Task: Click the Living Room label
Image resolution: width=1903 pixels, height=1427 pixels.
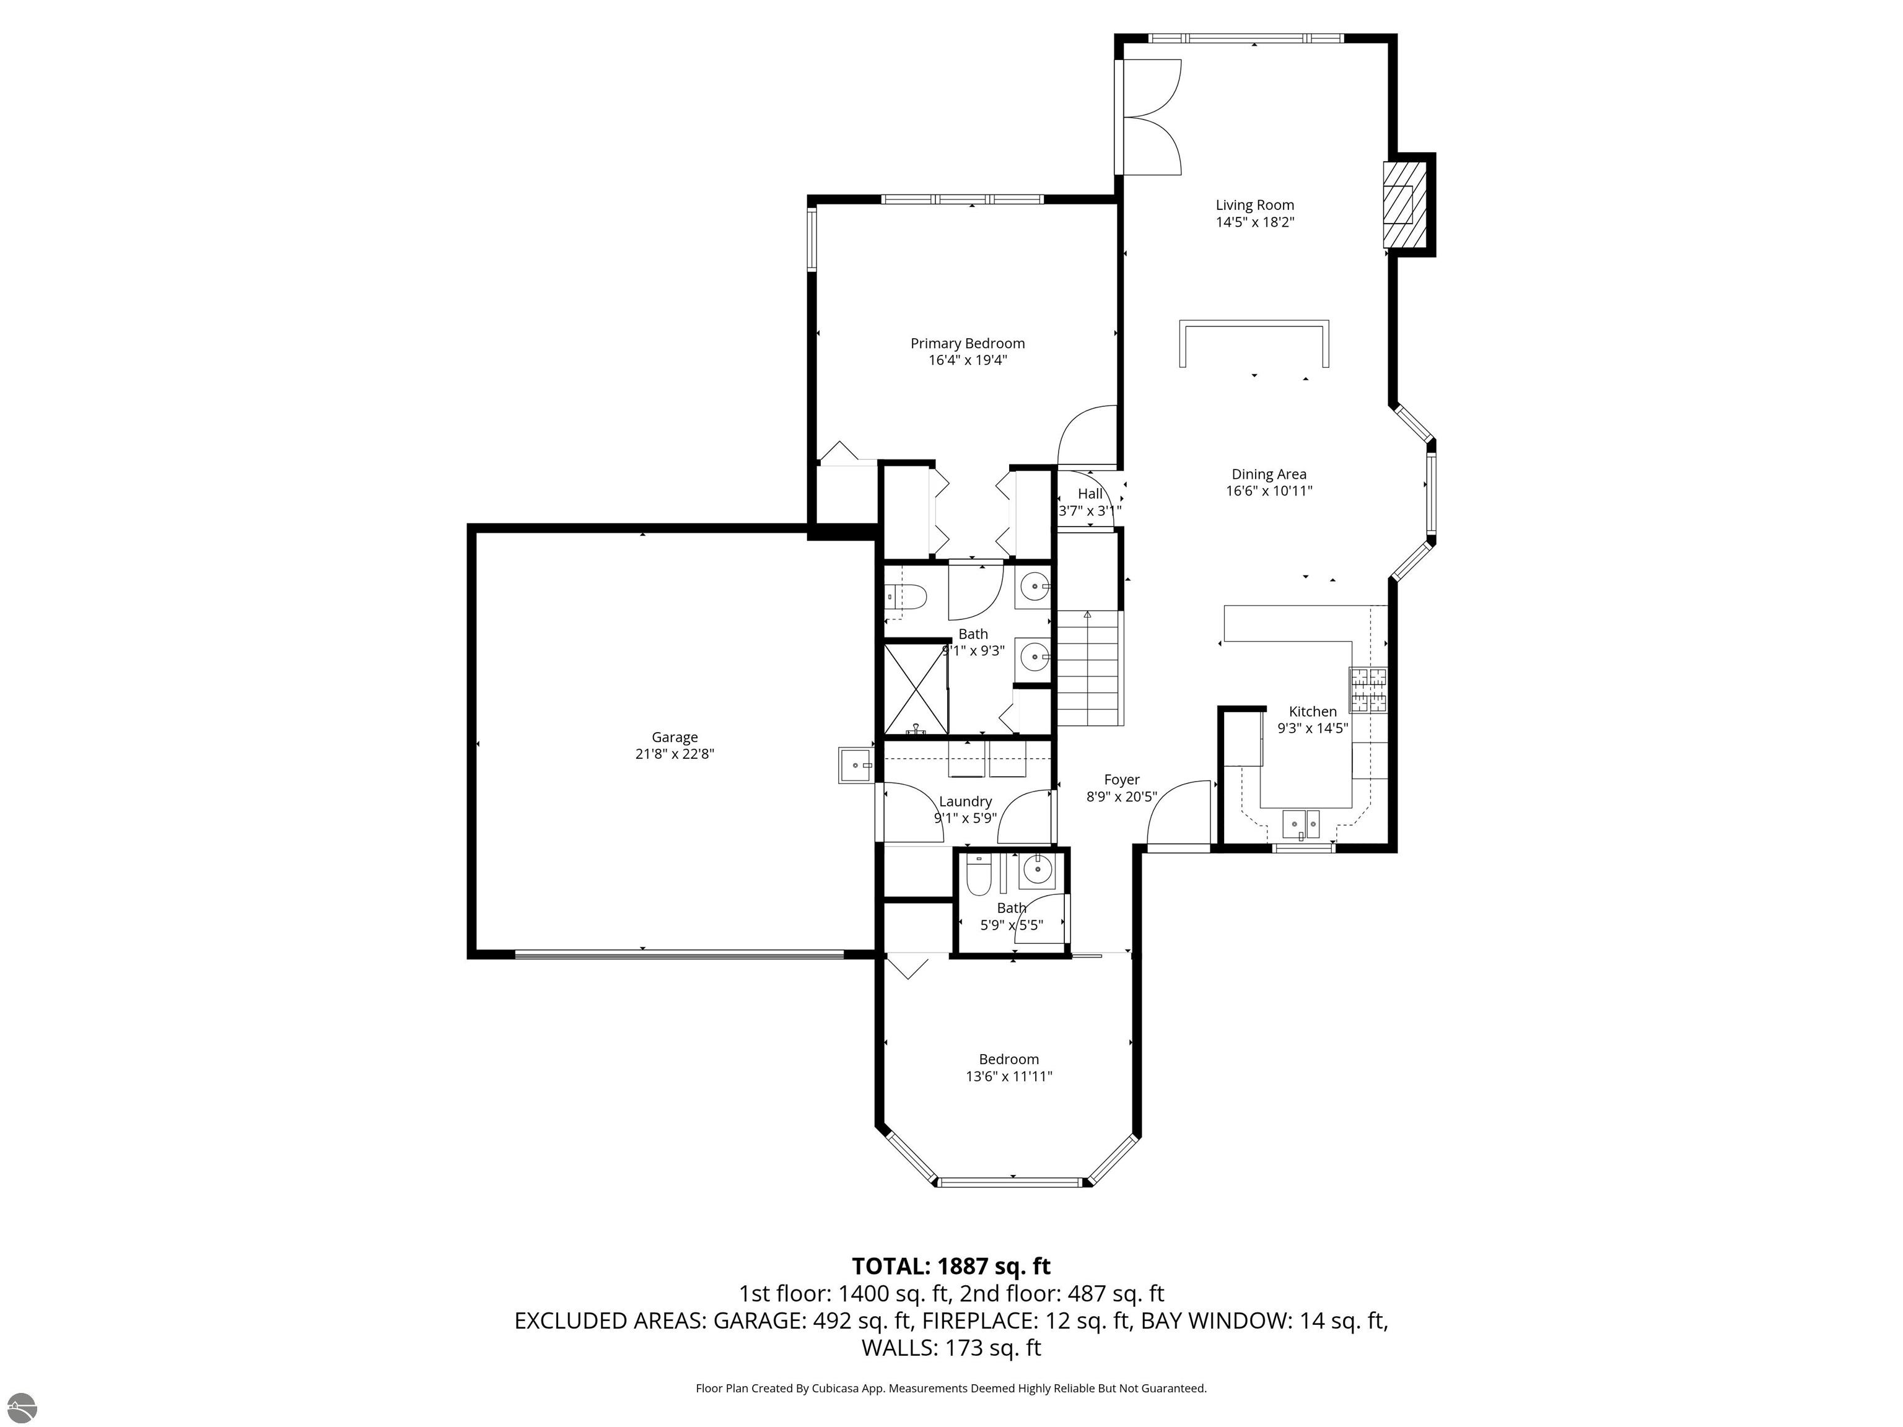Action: point(1254,205)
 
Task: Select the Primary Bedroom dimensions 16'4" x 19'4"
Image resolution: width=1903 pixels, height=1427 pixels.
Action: point(967,360)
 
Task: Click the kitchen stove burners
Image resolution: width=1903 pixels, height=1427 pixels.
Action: point(1368,691)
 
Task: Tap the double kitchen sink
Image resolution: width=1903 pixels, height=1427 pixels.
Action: point(1301,824)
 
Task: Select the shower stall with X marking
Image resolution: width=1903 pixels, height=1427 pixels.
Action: point(916,689)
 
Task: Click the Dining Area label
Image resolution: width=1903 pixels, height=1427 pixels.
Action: point(1268,474)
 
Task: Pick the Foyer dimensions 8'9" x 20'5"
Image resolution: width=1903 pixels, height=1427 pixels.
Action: point(1121,797)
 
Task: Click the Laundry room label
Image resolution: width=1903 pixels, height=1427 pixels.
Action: point(965,801)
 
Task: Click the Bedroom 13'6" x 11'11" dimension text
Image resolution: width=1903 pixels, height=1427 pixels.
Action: point(1008,1076)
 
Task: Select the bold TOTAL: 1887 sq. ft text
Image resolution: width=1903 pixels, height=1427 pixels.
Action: point(951,1266)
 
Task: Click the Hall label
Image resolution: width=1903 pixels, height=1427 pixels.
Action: point(1090,494)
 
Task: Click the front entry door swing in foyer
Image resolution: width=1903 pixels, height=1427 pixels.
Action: point(1179,814)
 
